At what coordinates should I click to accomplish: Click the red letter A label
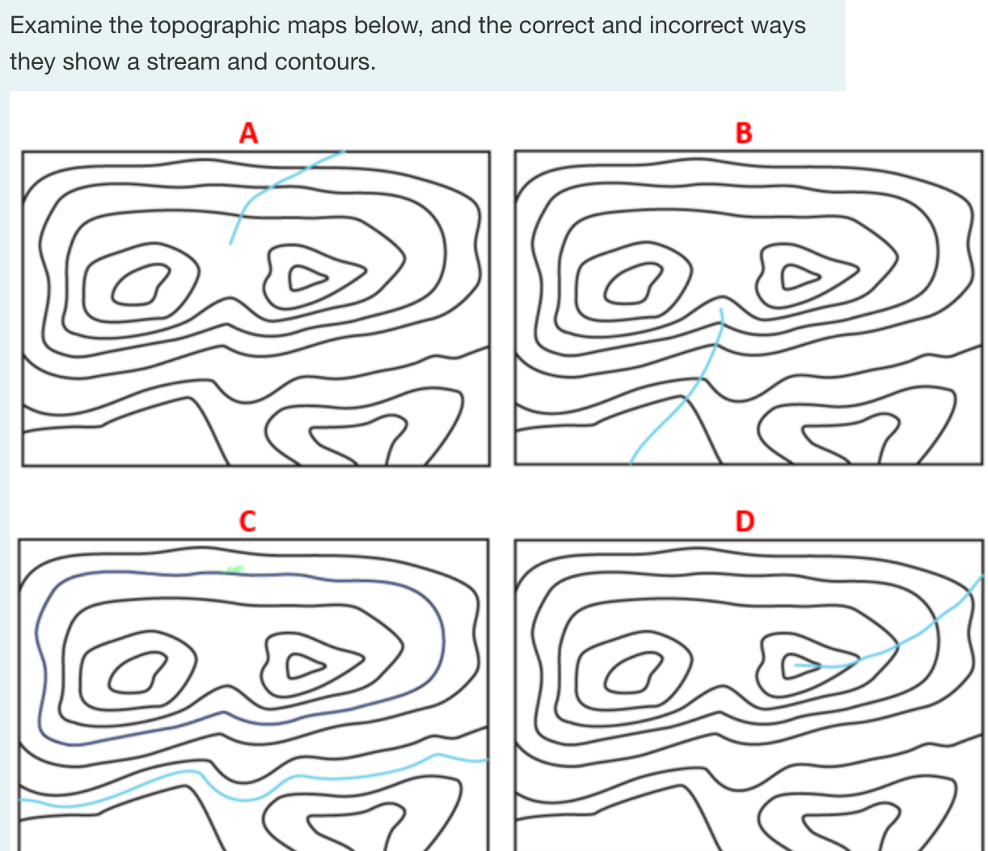coord(248,132)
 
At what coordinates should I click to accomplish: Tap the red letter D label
coord(744,521)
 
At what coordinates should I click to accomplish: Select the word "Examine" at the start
coord(56,26)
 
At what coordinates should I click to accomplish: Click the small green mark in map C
coord(234,570)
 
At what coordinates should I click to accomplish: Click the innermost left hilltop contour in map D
coord(611,674)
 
